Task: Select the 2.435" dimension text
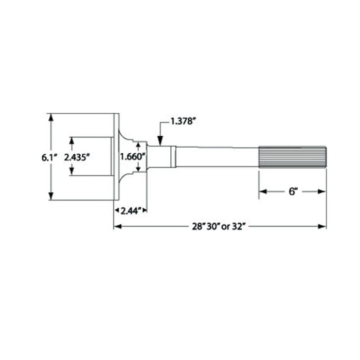[x=78, y=157]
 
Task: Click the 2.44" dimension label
[x=131, y=210]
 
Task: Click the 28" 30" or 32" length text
[x=220, y=227]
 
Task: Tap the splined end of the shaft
[x=292, y=157]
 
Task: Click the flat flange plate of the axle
[x=116, y=157]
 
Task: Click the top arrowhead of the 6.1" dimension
[x=50, y=117]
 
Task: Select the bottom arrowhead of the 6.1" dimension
[x=50, y=196]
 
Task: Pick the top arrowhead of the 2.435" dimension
[x=71, y=140]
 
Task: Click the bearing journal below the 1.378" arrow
[x=161, y=157]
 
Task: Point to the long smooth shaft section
[x=216, y=157]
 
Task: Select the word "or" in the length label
[x=228, y=227]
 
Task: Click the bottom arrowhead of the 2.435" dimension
[x=71, y=172]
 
